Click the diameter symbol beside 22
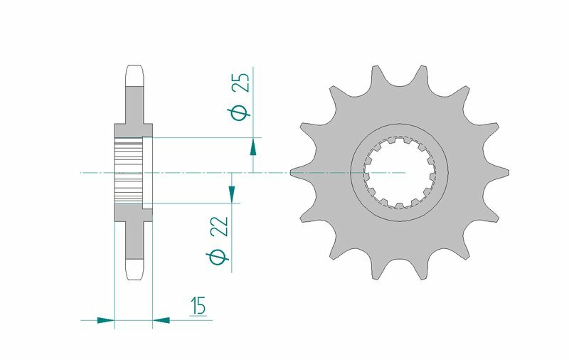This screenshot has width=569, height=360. click(220, 257)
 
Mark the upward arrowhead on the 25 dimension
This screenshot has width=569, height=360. click(253, 147)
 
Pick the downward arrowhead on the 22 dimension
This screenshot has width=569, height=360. click(230, 193)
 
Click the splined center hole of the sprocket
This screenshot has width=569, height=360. click(403, 172)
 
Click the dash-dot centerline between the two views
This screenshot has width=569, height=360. click(213, 172)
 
